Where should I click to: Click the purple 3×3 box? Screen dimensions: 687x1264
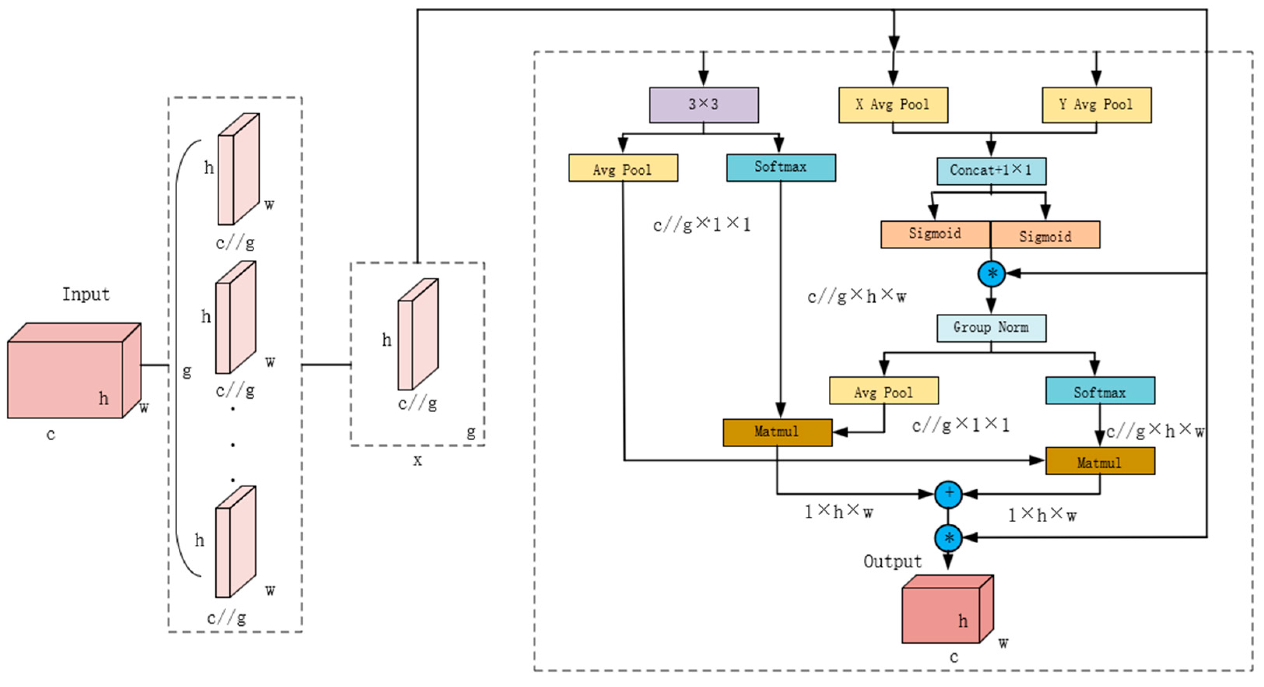click(704, 104)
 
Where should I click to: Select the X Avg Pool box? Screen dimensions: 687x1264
click(893, 104)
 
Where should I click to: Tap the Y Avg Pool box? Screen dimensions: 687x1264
click(1096, 104)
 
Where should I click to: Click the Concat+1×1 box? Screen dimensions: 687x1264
click(991, 170)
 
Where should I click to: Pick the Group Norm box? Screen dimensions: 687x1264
click(991, 328)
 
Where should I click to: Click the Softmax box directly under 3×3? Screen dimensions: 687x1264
click(781, 168)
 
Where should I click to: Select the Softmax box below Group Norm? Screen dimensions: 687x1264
click(1100, 391)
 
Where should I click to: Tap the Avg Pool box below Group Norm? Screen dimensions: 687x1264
click(884, 391)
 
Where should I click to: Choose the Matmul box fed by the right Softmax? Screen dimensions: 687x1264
click(1100, 461)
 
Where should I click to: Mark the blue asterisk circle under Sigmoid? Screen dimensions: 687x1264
click(991, 274)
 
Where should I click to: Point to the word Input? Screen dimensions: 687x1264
click(86, 294)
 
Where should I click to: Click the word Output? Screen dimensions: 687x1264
click(893, 561)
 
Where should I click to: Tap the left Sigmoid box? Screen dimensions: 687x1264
click(935, 234)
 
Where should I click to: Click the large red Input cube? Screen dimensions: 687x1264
click(66, 378)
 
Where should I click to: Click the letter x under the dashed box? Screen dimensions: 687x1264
click(417, 461)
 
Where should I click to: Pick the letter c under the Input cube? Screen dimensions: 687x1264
click(51, 434)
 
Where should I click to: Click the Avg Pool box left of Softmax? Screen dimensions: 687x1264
click(623, 168)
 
